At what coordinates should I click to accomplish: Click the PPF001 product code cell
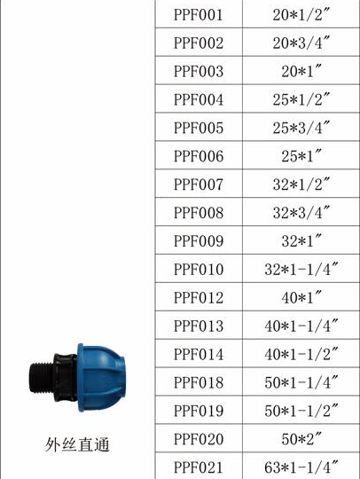tap(199, 14)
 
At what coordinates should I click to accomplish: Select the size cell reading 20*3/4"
tap(301, 43)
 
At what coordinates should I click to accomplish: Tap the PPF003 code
tap(199, 71)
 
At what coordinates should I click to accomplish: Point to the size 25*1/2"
tap(301, 99)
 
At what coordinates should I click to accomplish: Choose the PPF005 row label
tap(199, 128)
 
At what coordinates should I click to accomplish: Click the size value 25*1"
tap(301, 156)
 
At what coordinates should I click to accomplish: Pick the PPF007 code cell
tap(199, 185)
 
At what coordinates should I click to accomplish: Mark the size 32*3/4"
tap(301, 212)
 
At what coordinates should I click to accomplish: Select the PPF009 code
tap(199, 240)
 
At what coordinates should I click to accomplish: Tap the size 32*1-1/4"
tap(301, 269)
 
